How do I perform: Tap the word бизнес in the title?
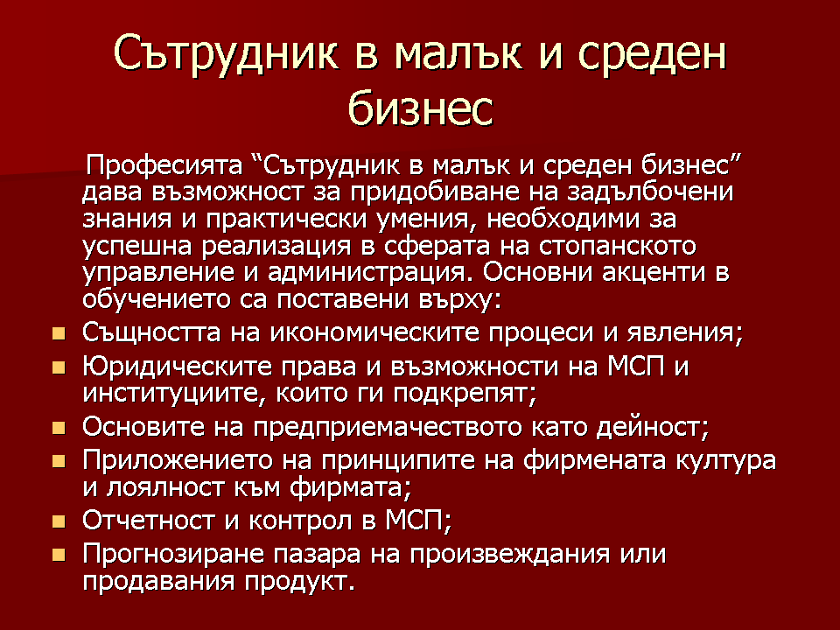[x=420, y=108]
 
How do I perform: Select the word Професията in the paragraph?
[x=164, y=165]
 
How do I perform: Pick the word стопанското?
[x=617, y=246]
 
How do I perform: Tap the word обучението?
[x=157, y=299]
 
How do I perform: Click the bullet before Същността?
[x=59, y=333]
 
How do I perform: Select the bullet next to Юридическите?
[x=59, y=367]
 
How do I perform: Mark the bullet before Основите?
[x=59, y=428]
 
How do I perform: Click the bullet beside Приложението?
[x=59, y=461]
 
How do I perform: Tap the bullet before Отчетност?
[x=59, y=521]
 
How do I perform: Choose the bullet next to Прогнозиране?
[x=59, y=555]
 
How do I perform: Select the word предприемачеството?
[x=388, y=427]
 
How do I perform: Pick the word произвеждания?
[x=509, y=554]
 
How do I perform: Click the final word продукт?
[x=299, y=581]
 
